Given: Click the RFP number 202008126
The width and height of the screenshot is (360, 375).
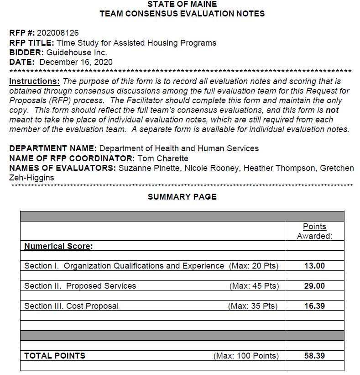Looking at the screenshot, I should coord(58,33).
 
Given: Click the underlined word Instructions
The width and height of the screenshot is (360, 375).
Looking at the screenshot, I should coord(34,81).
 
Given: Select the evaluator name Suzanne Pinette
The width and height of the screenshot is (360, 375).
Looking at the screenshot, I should coord(146,168).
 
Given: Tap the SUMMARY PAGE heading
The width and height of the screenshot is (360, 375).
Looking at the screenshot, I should coord(182,197).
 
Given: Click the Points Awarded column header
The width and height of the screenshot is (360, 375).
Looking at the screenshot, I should coord(314,231).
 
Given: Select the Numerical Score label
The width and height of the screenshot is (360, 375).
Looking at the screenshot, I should coord(58,246).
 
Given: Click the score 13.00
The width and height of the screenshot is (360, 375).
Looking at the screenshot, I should coord(314,266).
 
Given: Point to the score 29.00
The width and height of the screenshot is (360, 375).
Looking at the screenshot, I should coord(314,286).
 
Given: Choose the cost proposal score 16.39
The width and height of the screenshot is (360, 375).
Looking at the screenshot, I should coord(314,306).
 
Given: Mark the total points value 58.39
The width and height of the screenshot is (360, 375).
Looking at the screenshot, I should coord(314,355).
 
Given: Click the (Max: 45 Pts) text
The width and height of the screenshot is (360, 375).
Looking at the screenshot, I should coord(254,286).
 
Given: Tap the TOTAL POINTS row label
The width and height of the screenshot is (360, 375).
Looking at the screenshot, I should coord(54,355).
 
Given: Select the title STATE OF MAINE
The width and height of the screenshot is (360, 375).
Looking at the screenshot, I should coord(182,4).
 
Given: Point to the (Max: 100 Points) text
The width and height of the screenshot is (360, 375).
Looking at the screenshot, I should coord(246,355).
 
